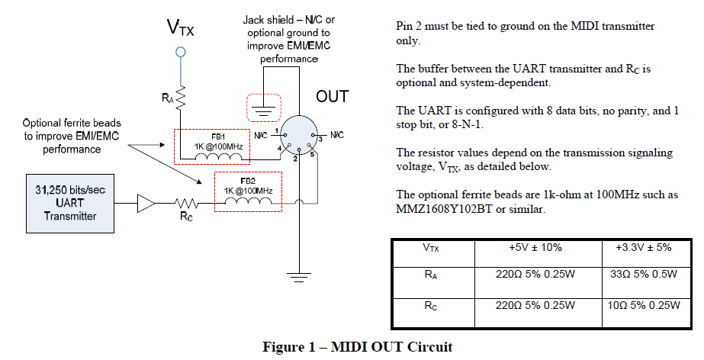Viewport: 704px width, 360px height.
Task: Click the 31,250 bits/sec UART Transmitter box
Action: pos(69,203)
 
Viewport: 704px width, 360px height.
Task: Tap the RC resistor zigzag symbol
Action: pos(186,203)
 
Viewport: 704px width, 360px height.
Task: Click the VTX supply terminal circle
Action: pos(181,52)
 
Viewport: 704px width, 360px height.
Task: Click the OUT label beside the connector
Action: pos(332,97)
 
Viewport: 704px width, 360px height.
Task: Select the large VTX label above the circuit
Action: pos(180,27)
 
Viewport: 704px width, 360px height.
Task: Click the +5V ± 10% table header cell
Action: pos(529,248)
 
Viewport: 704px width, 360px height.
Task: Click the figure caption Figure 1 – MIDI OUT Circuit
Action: pos(358,347)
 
